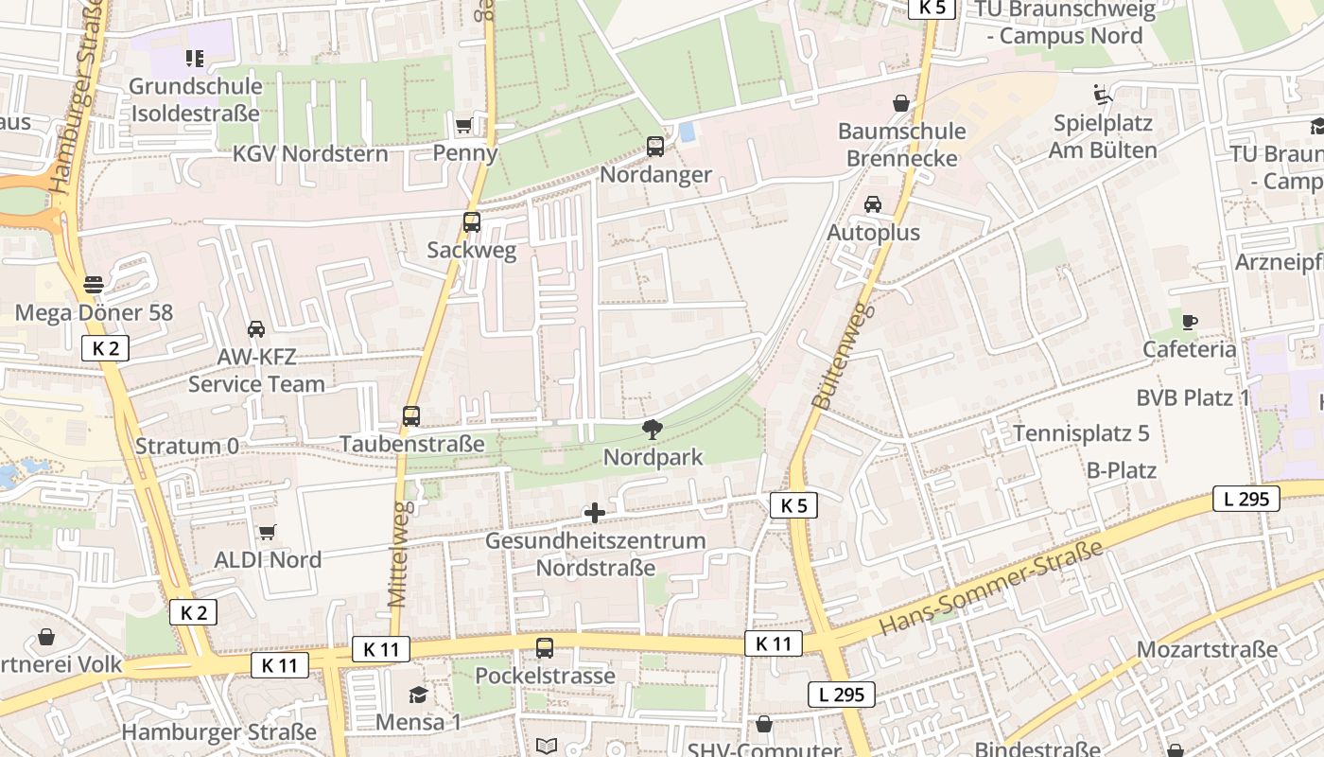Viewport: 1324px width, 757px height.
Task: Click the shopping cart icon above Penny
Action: pyautogui.click(x=463, y=125)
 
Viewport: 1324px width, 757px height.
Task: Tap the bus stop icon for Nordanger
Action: pyautogui.click(x=655, y=147)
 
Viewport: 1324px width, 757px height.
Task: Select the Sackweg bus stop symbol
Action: pyautogui.click(x=472, y=222)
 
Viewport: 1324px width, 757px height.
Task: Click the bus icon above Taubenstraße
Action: pyautogui.click(x=411, y=415)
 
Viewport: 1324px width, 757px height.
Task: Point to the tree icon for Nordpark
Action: pyautogui.click(x=653, y=430)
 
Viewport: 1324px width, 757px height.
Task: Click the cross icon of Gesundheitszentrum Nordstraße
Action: pyautogui.click(x=595, y=513)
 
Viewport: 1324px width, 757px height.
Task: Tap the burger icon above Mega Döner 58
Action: pyautogui.click(x=94, y=284)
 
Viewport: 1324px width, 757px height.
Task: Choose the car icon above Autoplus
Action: pyautogui.click(x=873, y=203)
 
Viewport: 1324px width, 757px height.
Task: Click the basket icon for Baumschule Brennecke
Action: pyautogui.click(x=901, y=102)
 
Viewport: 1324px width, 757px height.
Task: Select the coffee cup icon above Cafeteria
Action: pyautogui.click(x=1190, y=322)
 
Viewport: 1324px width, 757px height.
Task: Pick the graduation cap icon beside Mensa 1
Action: pyautogui.click(x=418, y=695)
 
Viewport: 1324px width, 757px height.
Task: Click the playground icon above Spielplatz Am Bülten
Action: pyautogui.click(x=1103, y=95)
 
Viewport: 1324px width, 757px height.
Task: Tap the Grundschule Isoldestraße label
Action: pyautogui.click(x=195, y=99)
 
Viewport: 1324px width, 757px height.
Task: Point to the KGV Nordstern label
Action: pyautogui.click(x=310, y=153)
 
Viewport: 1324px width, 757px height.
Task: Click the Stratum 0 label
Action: pyautogui.click(x=187, y=446)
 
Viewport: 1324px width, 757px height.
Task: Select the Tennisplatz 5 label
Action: pyautogui.click(x=1081, y=433)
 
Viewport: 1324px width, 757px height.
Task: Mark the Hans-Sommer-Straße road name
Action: pyautogui.click(x=991, y=589)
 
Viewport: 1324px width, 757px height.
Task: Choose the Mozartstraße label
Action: pyautogui.click(x=1207, y=650)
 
